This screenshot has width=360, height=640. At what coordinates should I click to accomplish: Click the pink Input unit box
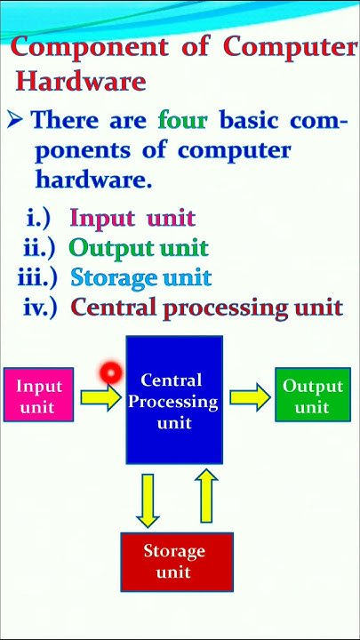[x=39, y=396]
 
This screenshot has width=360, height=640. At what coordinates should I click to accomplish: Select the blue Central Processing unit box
[x=174, y=400]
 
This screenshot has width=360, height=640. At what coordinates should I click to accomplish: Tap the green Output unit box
[x=312, y=396]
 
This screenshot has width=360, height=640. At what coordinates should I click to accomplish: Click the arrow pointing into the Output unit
[x=250, y=396]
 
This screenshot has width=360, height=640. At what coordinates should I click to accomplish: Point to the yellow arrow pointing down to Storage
[x=148, y=499]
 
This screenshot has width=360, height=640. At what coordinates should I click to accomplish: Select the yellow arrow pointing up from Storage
[x=206, y=497]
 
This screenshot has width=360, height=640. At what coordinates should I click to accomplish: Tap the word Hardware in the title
[x=81, y=82]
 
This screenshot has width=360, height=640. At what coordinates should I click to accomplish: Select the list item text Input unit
[x=132, y=218]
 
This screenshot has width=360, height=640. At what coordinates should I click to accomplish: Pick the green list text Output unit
[x=138, y=247]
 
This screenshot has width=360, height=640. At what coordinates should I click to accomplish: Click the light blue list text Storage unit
[x=140, y=277]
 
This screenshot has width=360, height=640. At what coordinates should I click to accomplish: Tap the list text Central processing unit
[x=206, y=308]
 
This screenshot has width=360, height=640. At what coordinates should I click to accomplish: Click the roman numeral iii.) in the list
[x=37, y=277]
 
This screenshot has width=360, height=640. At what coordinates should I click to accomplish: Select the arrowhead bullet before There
[x=14, y=120]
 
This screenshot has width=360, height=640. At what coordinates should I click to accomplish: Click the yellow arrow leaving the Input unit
[x=100, y=396]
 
